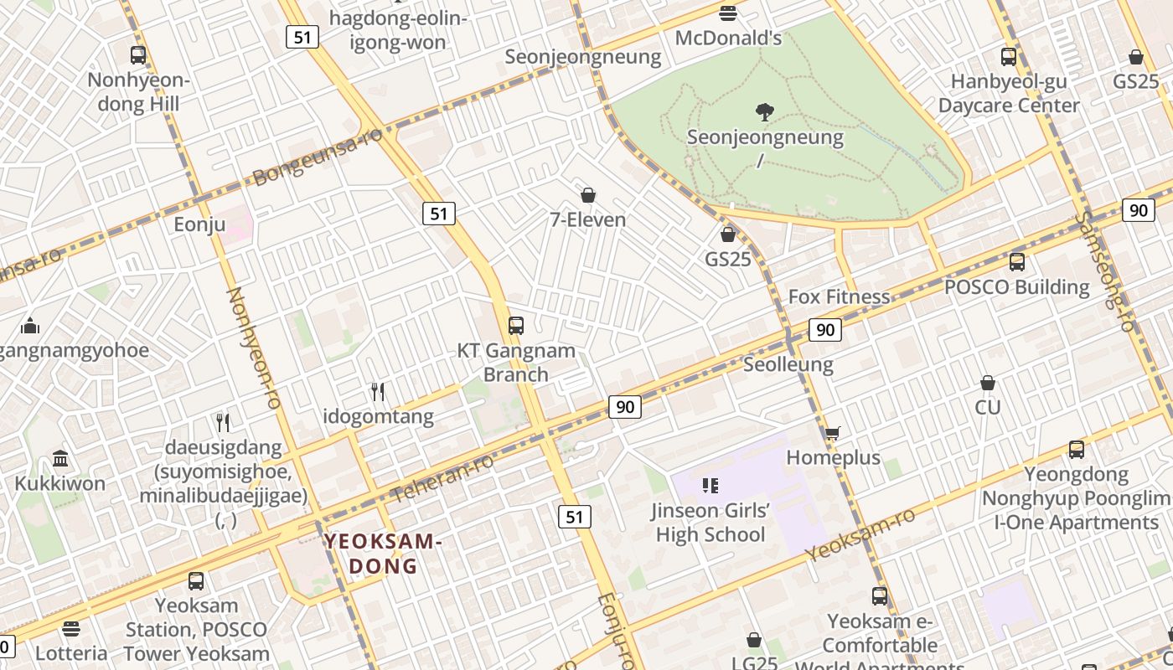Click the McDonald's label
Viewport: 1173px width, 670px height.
point(728,38)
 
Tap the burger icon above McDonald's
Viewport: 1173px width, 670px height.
point(728,13)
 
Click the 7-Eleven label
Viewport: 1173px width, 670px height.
point(588,219)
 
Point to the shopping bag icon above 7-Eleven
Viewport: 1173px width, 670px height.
point(588,195)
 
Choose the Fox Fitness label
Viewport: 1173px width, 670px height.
point(839,296)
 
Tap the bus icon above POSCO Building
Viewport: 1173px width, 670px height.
point(1017,262)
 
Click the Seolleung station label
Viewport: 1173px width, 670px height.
point(788,364)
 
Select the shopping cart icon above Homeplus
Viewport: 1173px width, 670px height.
point(832,433)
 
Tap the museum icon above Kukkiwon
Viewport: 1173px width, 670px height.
point(60,458)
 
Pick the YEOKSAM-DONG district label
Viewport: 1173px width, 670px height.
point(383,553)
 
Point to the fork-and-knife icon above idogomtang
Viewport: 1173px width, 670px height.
point(378,391)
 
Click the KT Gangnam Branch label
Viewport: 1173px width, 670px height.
point(516,363)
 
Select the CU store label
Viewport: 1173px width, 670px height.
point(988,407)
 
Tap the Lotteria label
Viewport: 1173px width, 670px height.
point(72,652)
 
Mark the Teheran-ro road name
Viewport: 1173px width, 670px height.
point(442,478)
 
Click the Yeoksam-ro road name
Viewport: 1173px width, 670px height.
point(860,536)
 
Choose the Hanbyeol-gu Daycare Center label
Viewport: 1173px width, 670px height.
point(1009,94)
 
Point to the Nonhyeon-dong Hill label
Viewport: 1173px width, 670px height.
point(139,92)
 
